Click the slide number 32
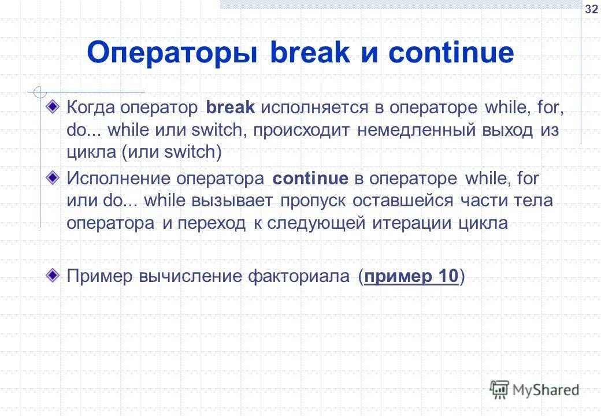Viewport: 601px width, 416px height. (x=591, y=9)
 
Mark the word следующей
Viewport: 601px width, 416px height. (x=315, y=224)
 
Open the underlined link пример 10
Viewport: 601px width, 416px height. (x=412, y=277)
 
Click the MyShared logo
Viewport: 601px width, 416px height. (x=535, y=389)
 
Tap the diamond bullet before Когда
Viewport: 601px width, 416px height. (x=53, y=106)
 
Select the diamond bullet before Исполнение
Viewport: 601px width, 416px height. (x=53, y=177)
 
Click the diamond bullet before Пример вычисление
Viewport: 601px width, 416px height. (x=53, y=274)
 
